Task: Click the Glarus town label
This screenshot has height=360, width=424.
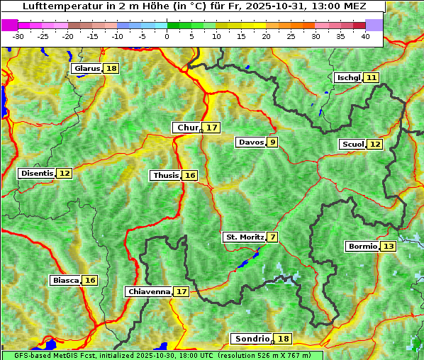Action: click(x=87, y=69)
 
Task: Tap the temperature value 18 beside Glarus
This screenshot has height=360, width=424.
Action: click(x=111, y=69)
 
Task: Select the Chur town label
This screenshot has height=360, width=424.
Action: click(x=187, y=128)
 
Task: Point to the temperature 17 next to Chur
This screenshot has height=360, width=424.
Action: click(x=212, y=128)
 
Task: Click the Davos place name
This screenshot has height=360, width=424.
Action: click(x=250, y=142)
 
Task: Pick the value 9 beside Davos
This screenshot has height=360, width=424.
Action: click(x=272, y=142)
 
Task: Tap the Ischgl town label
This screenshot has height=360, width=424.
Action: click(x=348, y=77)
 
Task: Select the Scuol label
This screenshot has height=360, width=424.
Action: click(x=352, y=144)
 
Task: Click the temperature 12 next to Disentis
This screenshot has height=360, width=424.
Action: click(x=65, y=173)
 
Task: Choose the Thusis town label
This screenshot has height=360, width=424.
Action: click(x=165, y=175)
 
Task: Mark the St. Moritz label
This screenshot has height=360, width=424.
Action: click(x=244, y=237)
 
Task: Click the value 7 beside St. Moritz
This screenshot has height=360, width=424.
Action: click(x=273, y=237)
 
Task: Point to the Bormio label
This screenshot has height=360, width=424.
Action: click(x=362, y=247)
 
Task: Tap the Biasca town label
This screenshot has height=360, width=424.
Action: click(x=65, y=280)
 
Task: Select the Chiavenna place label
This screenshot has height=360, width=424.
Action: click(x=148, y=291)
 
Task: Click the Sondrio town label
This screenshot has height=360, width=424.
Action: click(x=252, y=339)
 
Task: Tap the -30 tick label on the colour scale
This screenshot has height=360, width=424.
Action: click(x=18, y=36)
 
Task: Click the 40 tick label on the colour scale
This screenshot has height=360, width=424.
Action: click(x=365, y=36)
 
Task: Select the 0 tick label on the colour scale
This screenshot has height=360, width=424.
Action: click(x=167, y=36)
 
